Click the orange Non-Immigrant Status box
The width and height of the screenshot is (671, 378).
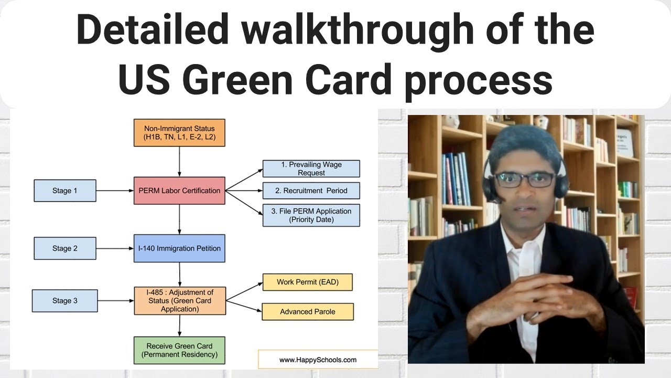179,133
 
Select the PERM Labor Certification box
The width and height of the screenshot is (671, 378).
179,191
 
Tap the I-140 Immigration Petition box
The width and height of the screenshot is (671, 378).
179,248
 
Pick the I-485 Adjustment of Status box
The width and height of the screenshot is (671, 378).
180,301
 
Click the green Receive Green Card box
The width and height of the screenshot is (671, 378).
179,350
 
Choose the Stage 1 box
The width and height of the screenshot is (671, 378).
65,191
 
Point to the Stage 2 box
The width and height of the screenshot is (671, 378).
65,248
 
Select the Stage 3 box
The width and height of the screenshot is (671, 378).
65,301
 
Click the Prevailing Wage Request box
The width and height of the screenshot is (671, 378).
311,169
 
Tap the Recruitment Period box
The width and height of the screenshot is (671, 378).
311,191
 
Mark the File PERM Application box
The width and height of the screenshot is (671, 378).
311,215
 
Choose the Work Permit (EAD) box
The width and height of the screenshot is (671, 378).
308,282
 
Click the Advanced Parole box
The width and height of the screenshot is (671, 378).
308,312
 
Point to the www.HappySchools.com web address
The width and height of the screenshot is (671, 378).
318,360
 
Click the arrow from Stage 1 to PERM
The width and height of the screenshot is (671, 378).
115,191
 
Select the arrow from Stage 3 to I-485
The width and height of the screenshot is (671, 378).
116,301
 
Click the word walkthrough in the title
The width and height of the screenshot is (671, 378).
358,30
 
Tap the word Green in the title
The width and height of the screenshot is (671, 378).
242,79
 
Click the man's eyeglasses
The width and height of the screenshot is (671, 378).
524,180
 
